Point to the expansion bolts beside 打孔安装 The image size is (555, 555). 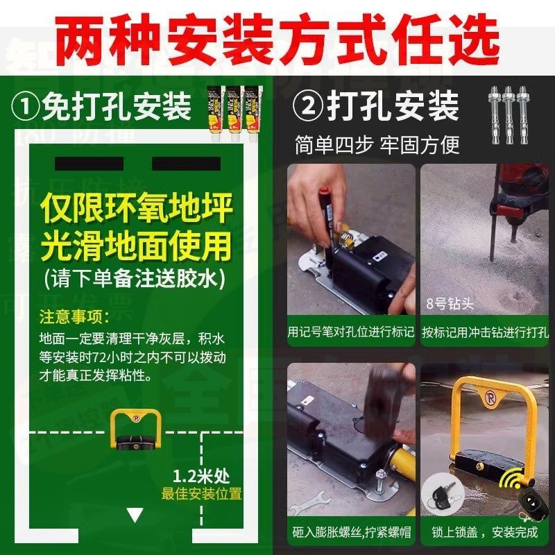[510, 114]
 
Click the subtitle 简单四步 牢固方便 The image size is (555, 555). [377, 144]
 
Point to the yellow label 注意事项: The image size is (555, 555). [74, 317]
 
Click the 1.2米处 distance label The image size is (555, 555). [201, 477]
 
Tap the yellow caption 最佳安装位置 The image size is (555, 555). [202, 494]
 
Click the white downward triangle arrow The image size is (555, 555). [135, 515]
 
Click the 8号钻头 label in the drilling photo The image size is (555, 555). [450, 303]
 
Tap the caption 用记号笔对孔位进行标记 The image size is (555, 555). [351, 332]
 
